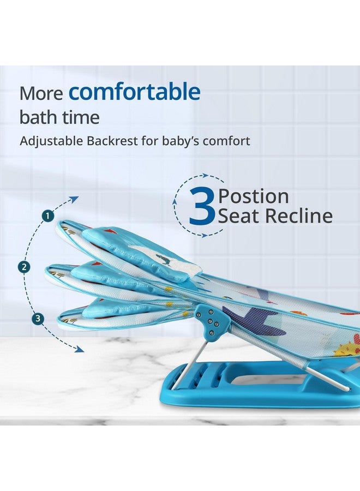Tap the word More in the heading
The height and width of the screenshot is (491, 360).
41,94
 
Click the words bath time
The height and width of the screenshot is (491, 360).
59,117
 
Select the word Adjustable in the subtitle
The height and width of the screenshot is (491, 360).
50,141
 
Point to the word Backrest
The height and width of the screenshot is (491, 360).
109,141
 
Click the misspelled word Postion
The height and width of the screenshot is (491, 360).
253,196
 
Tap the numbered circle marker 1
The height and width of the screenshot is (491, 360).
48,216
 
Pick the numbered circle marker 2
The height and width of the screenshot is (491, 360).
23,267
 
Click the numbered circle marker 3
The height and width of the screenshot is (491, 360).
38,319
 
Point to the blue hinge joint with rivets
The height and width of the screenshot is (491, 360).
211,322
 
